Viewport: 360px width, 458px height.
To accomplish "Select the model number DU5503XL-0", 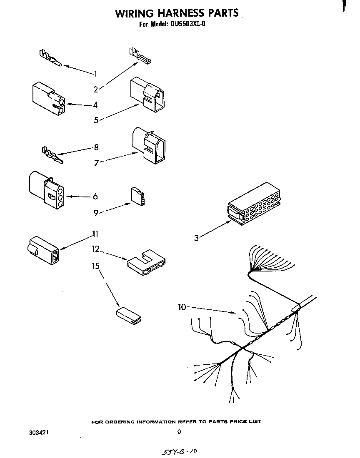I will coord(187,24).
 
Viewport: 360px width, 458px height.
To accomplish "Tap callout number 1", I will coord(95,74).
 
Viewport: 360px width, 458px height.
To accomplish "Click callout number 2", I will coord(95,89).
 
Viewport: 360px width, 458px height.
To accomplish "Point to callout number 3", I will coord(196,238).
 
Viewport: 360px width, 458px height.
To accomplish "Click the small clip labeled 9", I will coord(138,196).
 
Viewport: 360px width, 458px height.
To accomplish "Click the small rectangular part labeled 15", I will coord(128,315).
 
